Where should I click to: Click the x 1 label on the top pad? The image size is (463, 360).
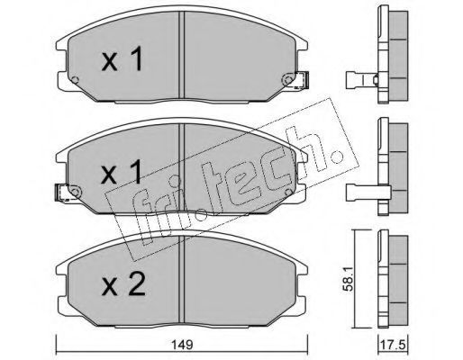[x=123, y=60]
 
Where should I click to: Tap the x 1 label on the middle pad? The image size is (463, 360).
[x=122, y=171]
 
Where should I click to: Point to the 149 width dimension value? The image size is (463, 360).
[x=183, y=345]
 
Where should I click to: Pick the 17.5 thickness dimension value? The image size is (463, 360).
[x=393, y=345]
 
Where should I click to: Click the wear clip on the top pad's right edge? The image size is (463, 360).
[x=303, y=80]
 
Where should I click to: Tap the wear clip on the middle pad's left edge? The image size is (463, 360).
[x=61, y=193]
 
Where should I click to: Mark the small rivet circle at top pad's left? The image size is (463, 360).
[x=75, y=80]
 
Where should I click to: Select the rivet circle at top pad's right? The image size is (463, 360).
[x=288, y=80]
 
